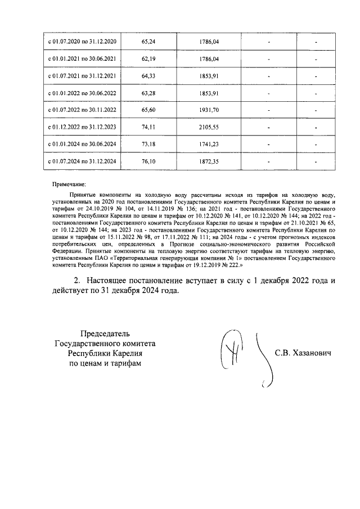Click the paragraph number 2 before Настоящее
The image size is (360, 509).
77,280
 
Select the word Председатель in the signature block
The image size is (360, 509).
105,333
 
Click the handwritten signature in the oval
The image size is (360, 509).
231,350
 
